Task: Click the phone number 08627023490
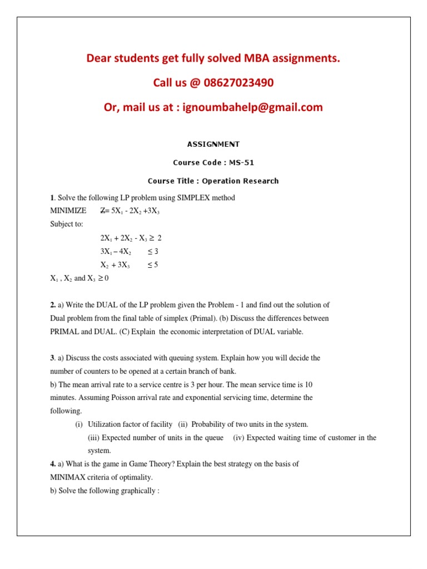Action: point(238,83)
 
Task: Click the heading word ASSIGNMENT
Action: point(213,144)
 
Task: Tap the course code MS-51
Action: point(244,163)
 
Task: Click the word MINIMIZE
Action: point(68,211)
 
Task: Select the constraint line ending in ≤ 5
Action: point(129,265)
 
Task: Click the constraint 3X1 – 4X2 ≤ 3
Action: point(129,252)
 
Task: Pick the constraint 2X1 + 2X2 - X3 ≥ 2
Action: point(131,238)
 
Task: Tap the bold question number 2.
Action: point(52,305)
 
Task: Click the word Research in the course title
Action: point(260,181)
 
